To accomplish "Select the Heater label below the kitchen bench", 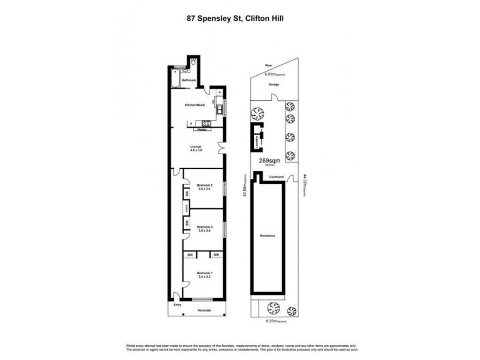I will tap(202, 129).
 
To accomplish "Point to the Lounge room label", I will tap(196, 147).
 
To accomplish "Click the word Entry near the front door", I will tap(177, 305).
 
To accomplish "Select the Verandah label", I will tap(202, 310).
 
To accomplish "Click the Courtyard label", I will tap(276, 177).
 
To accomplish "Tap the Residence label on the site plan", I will tap(268, 236).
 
